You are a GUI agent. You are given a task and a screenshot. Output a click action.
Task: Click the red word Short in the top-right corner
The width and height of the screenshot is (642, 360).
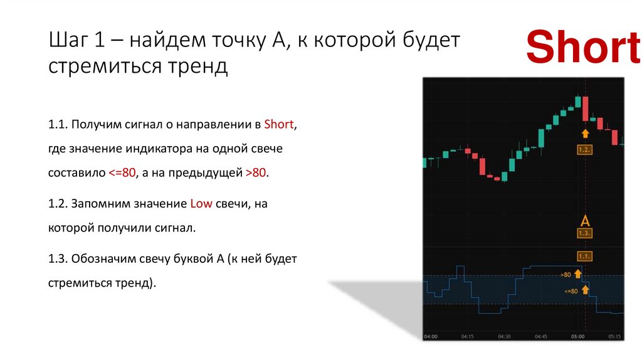pyautogui.click(x=583, y=48)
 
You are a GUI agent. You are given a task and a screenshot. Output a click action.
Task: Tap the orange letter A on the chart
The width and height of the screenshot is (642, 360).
pyautogui.click(x=585, y=221)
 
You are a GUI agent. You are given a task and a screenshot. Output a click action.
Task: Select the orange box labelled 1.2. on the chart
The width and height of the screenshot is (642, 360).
pyautogui.click(x=584, y=150)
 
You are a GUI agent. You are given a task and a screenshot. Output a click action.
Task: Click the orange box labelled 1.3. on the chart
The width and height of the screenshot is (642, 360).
pyautogui.click(x=584, y=233)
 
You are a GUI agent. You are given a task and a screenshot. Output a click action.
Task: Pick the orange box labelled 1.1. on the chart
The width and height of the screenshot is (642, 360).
pyautogui.click(x=584, y=256)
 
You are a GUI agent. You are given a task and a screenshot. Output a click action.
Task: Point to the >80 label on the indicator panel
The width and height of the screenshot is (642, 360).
pyautogui.click(x=566, y=275)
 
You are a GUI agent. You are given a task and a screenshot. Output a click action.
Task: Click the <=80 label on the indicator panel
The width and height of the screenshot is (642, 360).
pyautogui.click(x=570, y=290)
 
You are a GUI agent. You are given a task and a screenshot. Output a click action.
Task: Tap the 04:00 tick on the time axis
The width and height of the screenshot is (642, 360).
pyautogui.click(x=430, y=336)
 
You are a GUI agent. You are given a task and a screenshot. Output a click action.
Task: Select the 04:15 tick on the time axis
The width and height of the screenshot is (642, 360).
pyautogui.click(x=468, y=336)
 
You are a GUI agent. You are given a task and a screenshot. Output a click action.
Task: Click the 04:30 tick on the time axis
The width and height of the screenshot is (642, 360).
pyautogui.click(x=504, y=336)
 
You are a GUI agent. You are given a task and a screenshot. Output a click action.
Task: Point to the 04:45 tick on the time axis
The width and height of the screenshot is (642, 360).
pyautogui.click(x=541, y=336)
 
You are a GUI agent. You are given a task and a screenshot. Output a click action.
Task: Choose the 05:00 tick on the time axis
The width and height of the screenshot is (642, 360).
pyautogui.click(x=577, y=336)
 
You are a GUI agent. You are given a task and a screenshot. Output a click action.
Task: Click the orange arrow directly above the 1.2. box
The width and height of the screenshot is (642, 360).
pyautogui.click(x=585, y=133)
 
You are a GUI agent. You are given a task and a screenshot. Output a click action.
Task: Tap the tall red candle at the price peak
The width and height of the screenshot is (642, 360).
pyautogui.click(x=585, y=109)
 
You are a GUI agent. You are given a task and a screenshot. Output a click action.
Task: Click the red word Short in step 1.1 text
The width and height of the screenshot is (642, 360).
pyautogui.click(x=279, y=124)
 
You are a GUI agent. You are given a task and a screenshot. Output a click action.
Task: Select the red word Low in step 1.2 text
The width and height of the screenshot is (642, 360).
pyautogui.click(x=201, y=204)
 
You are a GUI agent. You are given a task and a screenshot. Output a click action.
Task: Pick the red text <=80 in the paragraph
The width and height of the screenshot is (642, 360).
pyautogui.click(x=124, y=173)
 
